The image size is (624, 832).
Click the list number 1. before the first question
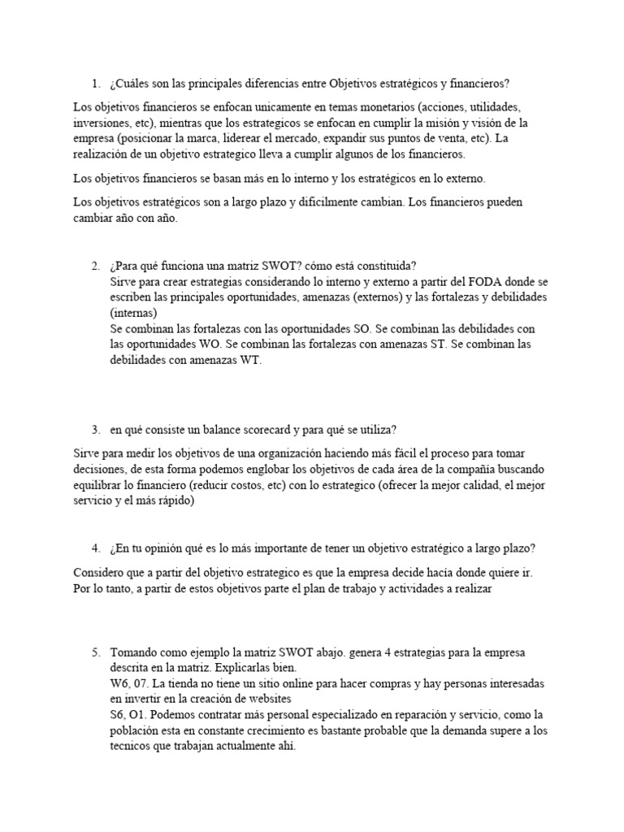pos(96,84)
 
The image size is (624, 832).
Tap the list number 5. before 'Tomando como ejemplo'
pos(96,652)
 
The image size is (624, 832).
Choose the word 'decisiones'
pos(101,469)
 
